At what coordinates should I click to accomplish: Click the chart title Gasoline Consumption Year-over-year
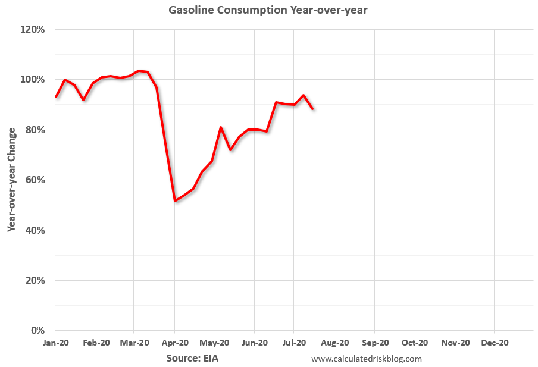coord(268,10)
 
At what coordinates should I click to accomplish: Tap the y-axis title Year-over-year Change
coord(12,180)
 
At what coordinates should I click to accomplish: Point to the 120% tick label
coord(32,30)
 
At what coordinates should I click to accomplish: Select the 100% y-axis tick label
coord(32,80)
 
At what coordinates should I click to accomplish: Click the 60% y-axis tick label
coord(35,180)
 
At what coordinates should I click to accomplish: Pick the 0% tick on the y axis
coord(37,330)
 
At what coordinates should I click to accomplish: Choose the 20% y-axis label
coord(35,280)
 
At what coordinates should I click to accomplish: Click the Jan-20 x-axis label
coord(55,343)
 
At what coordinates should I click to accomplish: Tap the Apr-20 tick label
coord(175,343)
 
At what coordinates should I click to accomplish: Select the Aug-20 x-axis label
coord(335,343)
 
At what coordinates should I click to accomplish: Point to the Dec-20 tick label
coord(495,343)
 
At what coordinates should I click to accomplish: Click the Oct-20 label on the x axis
coord(415,343)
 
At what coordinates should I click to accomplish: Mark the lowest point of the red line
coord(175,201)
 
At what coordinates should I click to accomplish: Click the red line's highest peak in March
coord(139,71)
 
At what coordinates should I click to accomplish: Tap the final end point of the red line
coord(312,109)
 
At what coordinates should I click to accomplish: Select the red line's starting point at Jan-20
coord(56,97)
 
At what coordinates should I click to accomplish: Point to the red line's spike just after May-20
coord(221,127)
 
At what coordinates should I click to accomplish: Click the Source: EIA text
coord(192,359)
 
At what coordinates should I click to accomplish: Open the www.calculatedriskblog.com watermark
coord(367,359)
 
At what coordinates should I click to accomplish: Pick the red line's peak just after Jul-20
coord(304,95)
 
